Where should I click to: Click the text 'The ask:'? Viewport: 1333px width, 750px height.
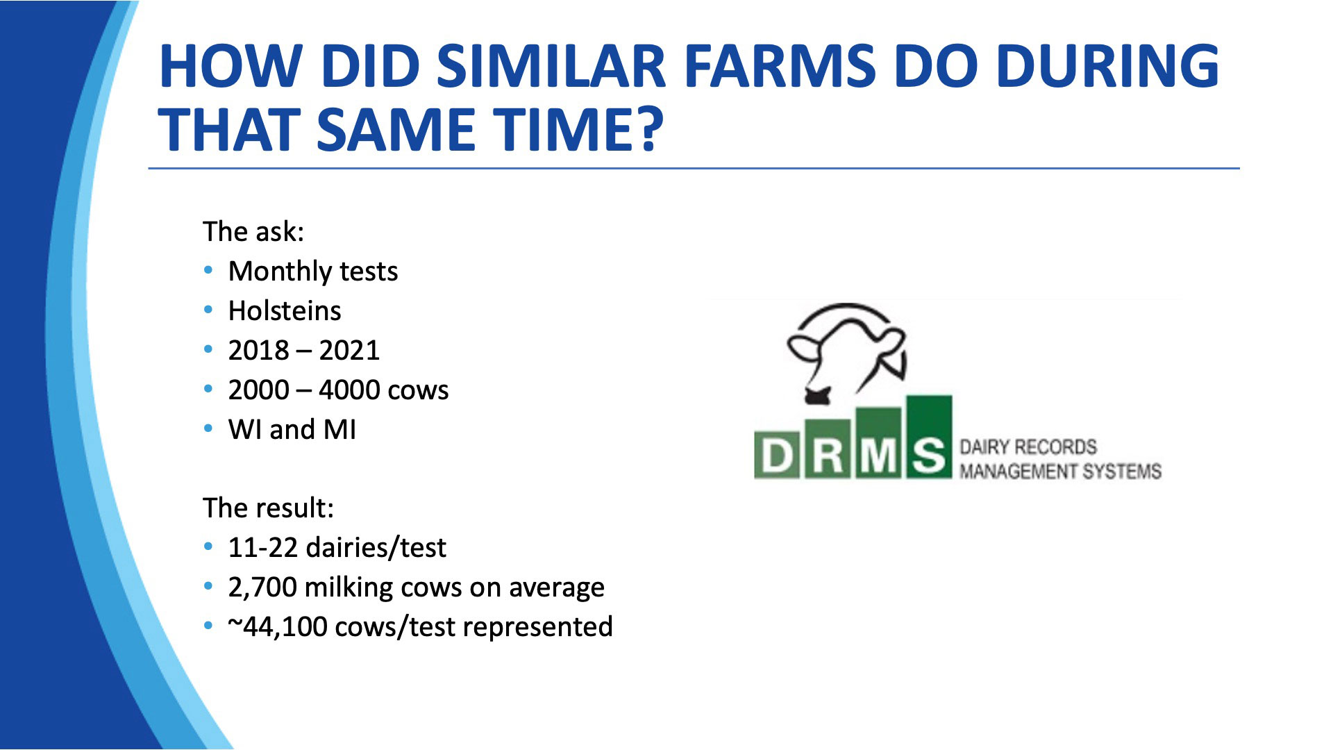pos(253,231)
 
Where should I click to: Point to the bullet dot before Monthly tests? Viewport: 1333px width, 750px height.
pos(208,270)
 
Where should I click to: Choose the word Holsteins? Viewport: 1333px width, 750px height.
pos(285,310)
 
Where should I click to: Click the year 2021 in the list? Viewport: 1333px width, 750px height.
pos(349,350)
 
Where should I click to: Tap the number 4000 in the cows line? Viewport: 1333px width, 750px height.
pos(349,390)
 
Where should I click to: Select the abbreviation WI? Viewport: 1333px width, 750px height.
pos(245,430)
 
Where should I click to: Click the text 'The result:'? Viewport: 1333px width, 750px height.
pos(269,508)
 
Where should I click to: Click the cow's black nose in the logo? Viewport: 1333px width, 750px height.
pos(817,397)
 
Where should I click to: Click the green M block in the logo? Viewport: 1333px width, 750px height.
pos(878,443)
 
